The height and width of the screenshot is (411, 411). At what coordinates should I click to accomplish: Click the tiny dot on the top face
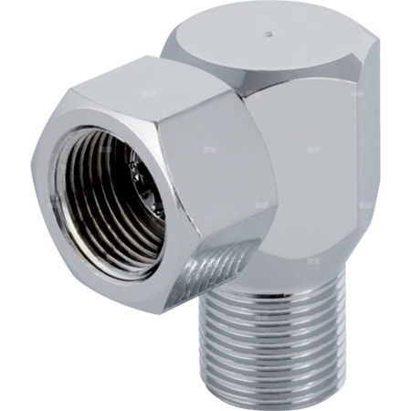pos(267,37)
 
